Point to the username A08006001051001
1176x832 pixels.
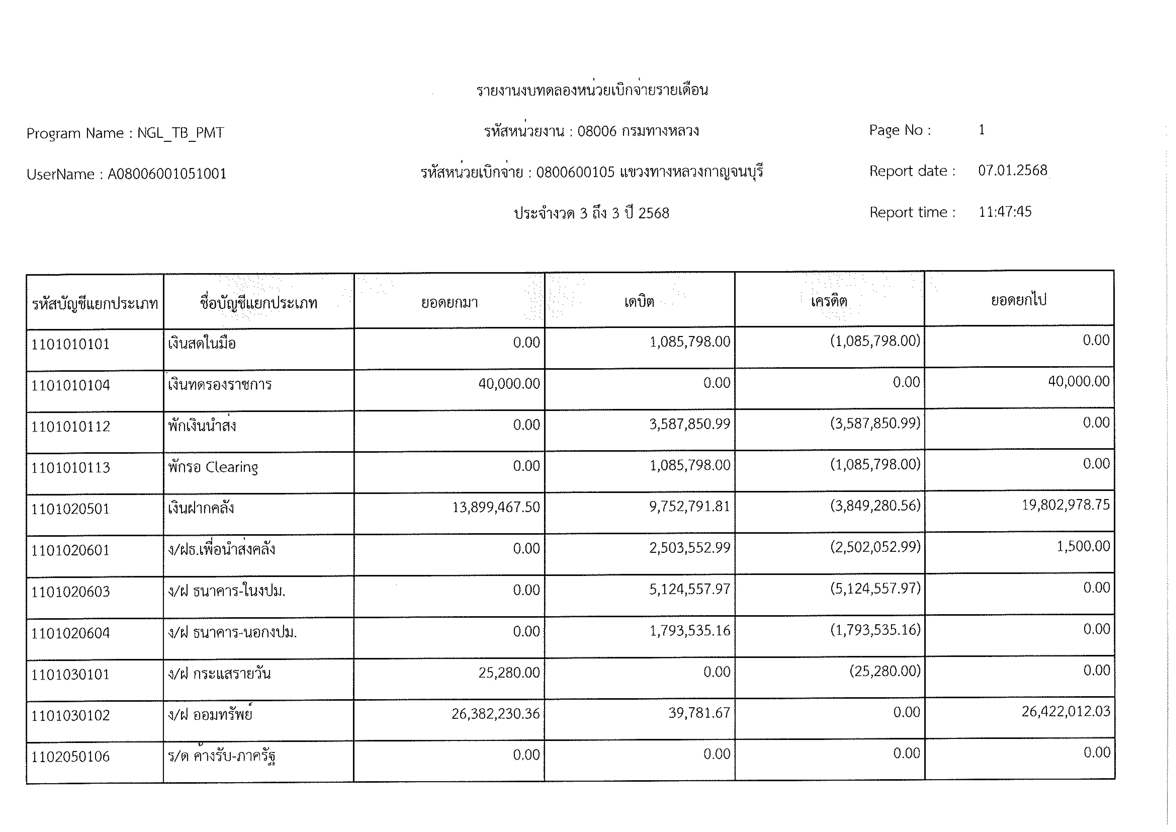(166, 174)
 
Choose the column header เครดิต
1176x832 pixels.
(828, 301)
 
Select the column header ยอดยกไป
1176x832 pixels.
(1018, 300)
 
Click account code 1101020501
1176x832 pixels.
(71, 509)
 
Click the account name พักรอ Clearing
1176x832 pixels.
(213, 467)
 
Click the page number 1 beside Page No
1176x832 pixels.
(981, 130)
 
